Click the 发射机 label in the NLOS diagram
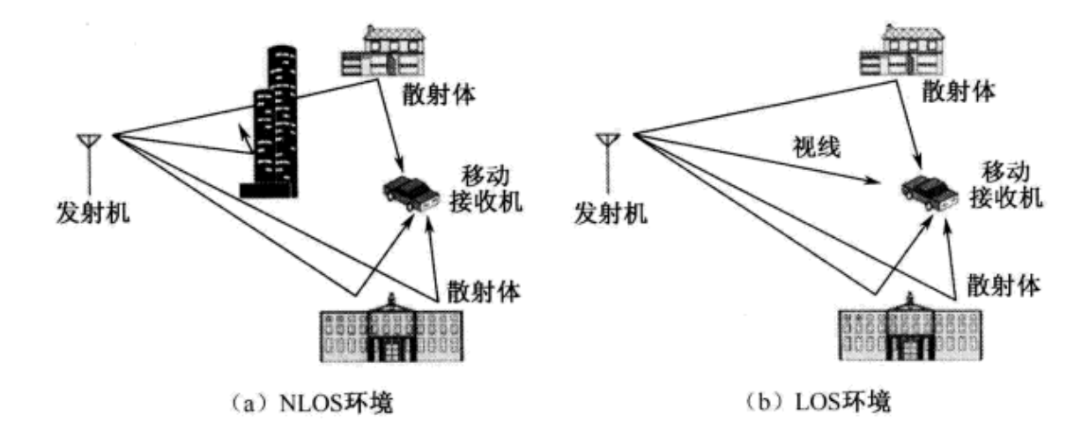coord(90,212)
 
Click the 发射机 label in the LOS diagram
coord(606,212)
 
